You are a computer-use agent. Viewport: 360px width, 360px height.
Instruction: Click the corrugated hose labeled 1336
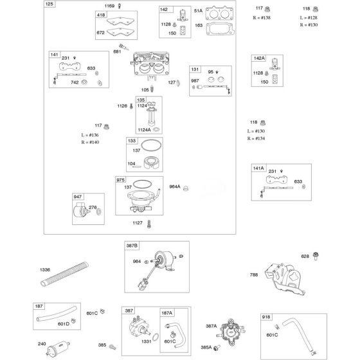pyautogui.click(x=64, y=274)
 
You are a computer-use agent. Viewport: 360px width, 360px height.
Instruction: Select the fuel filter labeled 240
pyautogui.click(x=59, y=348)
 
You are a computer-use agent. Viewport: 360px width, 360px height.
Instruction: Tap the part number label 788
pyautogui.click(x=254, y=274)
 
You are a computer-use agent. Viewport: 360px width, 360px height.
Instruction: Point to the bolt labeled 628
pyautogui.click(x=316, y=256)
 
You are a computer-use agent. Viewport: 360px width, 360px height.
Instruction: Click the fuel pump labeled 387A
pyautogui.click(x=231, y=331)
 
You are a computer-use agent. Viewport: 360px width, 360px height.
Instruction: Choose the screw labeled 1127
pyautogui.click(x=149, y=224)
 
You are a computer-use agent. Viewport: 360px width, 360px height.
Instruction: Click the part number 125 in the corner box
pyautogui.click(x=50, y=4)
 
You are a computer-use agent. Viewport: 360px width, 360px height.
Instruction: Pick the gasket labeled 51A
pyautogui.click(x=219, y=13)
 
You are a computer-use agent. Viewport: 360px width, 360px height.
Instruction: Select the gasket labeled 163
pyautogui.click(x=220, y=29)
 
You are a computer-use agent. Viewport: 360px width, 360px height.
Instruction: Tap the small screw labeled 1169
pyautogui.click(x=120, y=6)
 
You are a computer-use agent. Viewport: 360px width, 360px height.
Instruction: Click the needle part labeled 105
pyautogui.click(x=152, y=89)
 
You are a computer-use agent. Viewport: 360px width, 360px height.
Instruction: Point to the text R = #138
pyautogui.click(x=262, y=18)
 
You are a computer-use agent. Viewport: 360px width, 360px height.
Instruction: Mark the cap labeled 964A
pyautogui.click(x=186, y=188)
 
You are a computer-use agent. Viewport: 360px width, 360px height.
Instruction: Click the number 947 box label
pyautogui.click(x=78, y=197)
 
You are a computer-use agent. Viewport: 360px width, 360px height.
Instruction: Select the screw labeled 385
pyautogui.click(x=113, y=347)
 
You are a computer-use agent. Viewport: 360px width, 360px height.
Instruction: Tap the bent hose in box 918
pyautogui.click(x=298, y=334)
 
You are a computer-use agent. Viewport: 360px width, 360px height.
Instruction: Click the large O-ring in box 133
pyautogui.click(x=151, y=145)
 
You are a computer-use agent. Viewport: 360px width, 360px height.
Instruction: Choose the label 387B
pyautogui.click(x=132, y=246)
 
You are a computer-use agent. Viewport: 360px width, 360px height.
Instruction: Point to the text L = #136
pyautogui.click(x=90, y=135)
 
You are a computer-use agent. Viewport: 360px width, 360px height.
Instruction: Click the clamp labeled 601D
pyautogui.click(x=73, y=321)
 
